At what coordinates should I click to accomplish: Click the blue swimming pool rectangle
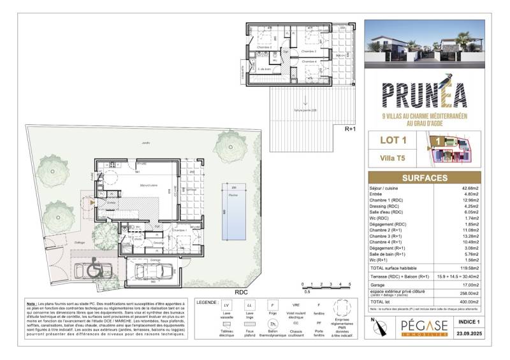tap(233, 212)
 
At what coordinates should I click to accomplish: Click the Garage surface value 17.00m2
tap(470, 286)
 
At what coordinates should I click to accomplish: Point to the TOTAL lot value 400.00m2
tap(469, 301)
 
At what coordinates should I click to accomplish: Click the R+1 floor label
tap(350, 129)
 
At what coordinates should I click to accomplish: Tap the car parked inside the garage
tap(151, 272)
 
